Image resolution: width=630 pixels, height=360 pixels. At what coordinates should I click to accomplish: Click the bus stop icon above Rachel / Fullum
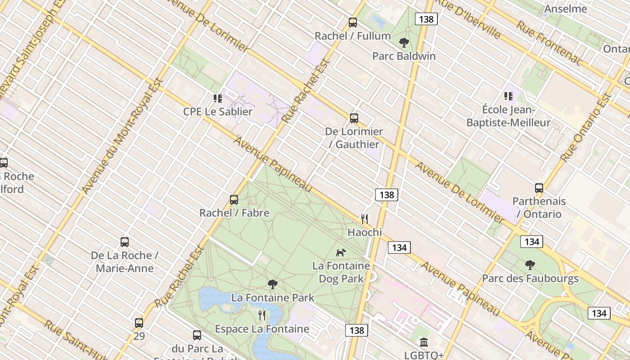point(353,22)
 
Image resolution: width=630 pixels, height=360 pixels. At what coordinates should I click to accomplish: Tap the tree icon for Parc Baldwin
point(404,43)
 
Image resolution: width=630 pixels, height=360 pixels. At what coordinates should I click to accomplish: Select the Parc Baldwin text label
point(404,56)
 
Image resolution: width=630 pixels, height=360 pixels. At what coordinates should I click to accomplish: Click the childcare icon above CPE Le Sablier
point(218,98)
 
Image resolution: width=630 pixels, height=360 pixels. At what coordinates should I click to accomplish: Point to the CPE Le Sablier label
point(218,112)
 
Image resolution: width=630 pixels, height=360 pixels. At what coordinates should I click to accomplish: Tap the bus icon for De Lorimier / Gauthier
point(354,118)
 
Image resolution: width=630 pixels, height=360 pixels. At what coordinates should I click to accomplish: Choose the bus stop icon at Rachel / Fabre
point(234,200)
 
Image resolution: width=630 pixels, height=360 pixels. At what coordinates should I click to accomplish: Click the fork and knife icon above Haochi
point(364,219)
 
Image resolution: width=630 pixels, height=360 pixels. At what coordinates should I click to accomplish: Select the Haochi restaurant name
point(364,233)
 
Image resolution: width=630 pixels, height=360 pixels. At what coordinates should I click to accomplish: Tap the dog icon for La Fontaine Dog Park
point(341,252)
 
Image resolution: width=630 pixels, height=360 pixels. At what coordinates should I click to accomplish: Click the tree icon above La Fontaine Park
point(272,284)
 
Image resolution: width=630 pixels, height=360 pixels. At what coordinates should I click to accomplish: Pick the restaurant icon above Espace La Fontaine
point(262,315)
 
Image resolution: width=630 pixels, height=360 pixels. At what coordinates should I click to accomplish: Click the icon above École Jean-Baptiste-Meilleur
point(508,96)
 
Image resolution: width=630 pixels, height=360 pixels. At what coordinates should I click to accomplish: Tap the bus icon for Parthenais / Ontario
point(539,188)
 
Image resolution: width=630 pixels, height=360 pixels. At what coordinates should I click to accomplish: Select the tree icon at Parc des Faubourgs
point(530,265)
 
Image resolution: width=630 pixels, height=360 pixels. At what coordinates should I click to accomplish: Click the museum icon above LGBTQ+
point(424,342)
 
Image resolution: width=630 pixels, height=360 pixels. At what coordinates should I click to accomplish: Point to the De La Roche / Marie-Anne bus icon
point(125,242)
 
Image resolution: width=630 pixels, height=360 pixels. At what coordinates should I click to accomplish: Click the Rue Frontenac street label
point(549,43)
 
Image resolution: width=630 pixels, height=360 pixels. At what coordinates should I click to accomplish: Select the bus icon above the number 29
point(139,323)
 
